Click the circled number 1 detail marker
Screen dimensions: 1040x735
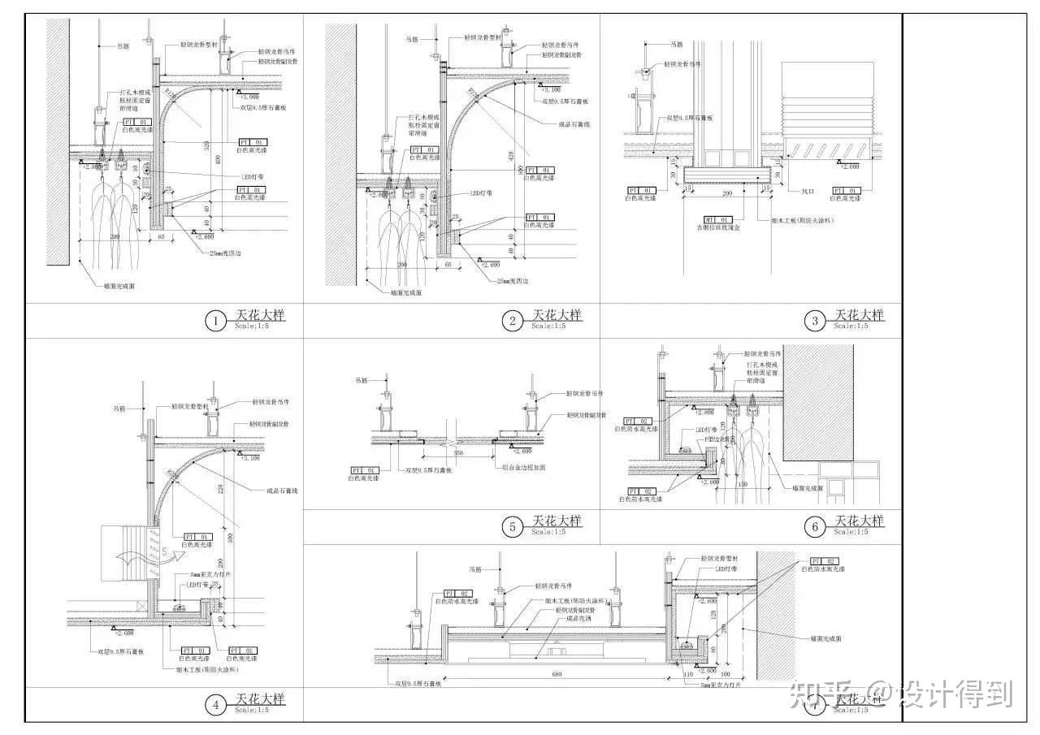[x=216, y=322]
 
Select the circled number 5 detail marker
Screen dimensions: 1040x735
[x=512, y=527]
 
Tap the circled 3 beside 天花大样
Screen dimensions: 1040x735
[x=816, y=322]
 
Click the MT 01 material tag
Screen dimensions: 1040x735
[x=721, y=219]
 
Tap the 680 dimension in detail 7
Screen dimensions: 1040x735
[x=556, y=673]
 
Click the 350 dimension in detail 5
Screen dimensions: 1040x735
[x=459, y=452]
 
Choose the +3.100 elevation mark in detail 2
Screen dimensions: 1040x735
[x=550, y=91]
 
